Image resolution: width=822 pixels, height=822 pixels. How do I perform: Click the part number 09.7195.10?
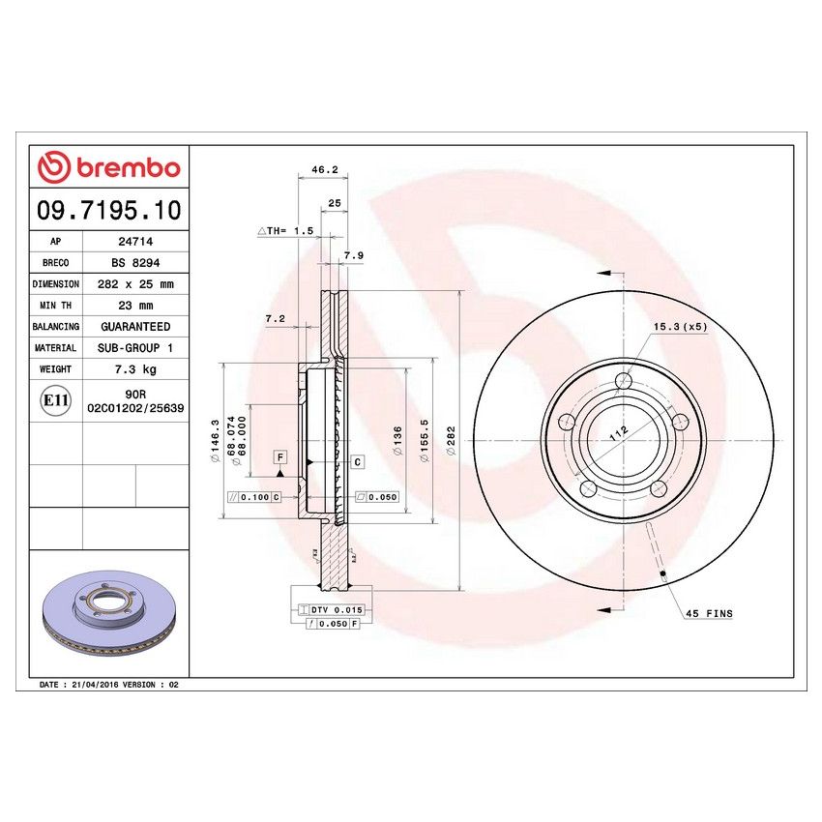click(109, 209)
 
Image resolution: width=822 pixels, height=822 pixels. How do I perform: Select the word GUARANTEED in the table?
click(135, 327)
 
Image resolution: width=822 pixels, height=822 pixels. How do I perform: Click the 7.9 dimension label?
click(353, 255)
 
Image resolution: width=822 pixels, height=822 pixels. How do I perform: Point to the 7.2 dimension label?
click(275, 317)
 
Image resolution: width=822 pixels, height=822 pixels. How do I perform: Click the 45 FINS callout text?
click(709, 614)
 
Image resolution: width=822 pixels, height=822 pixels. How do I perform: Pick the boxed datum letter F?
click(280, 455)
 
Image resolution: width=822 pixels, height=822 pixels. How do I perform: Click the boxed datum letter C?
click(357, 462)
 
